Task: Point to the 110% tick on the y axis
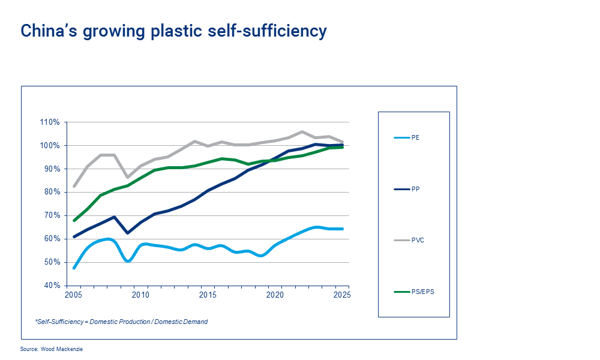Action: pos(50,122)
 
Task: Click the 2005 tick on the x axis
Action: pos(74,295)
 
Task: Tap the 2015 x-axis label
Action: pos(208,295)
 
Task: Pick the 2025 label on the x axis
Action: pos(342,295)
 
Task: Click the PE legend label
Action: pos(415,138)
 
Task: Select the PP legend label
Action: pos(415,189)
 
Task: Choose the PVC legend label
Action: pos(417,240)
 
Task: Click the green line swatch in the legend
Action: pos(401,292)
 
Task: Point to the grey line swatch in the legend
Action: pos(401,240)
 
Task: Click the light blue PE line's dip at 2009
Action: pos(128,261)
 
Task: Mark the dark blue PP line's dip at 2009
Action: pos(128,233)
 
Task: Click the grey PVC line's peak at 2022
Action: pos(302,132)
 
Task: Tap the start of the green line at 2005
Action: pos(74,220)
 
